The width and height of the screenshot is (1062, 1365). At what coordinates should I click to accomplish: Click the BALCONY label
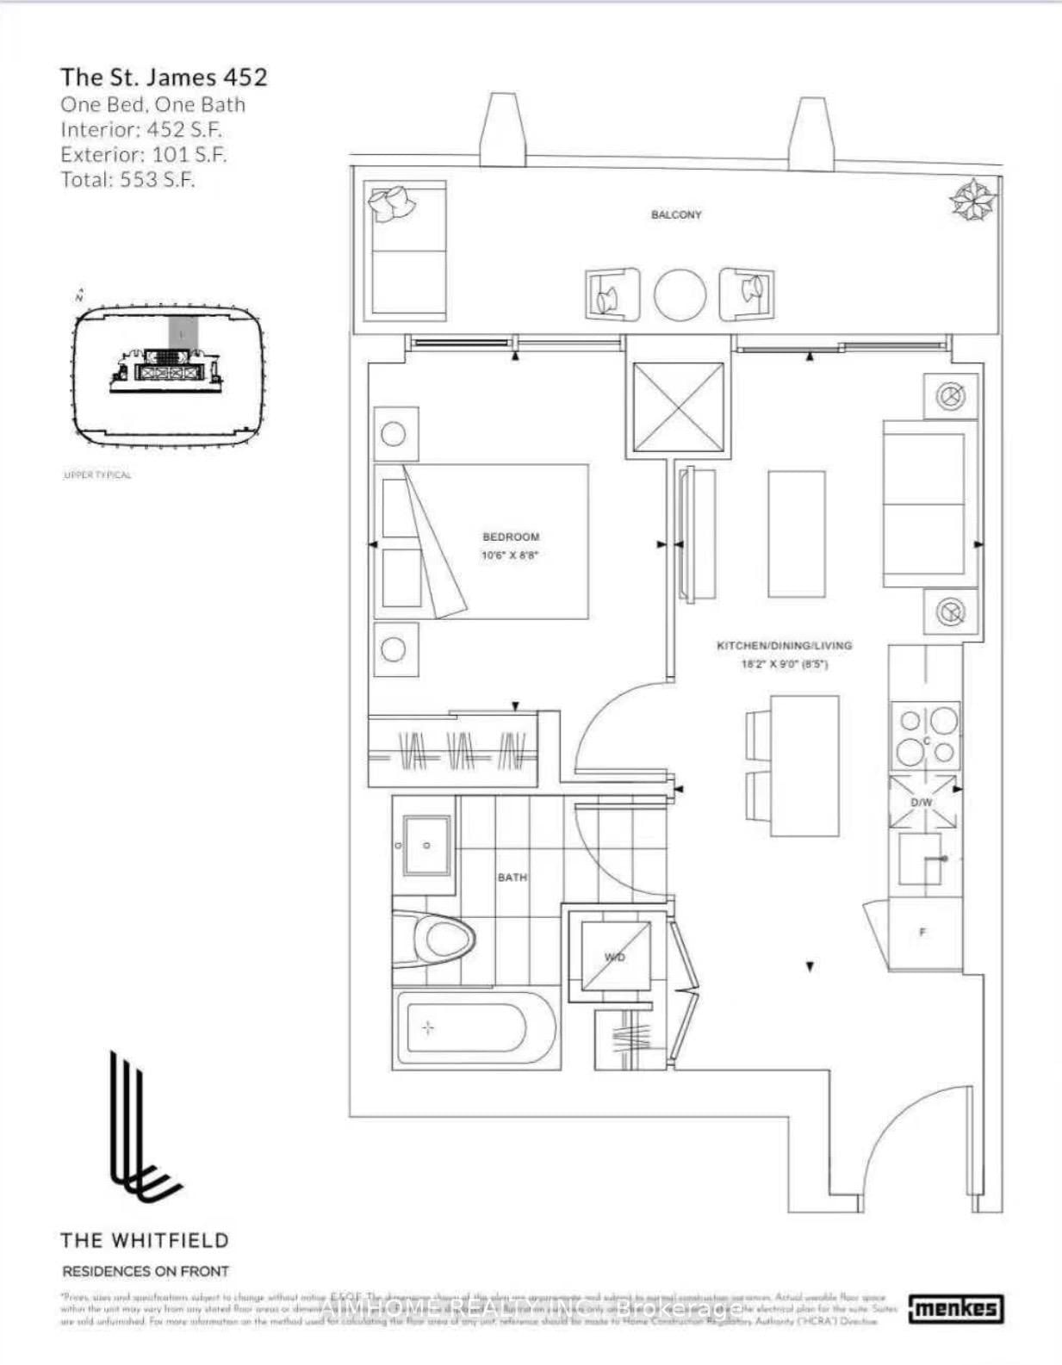tap(676, 214)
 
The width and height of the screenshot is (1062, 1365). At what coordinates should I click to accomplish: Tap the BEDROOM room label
tap(511, 537)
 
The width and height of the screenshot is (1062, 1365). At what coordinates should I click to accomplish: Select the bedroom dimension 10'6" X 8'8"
tap(510, 555)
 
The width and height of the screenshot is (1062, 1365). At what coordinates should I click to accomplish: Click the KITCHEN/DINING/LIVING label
tap(784, 645)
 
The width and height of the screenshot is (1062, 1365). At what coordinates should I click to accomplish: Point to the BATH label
tap(512, 877)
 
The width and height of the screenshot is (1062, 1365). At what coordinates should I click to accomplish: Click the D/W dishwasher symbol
tap(922, 803)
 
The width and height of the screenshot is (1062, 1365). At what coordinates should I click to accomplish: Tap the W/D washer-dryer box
tap(614, 958)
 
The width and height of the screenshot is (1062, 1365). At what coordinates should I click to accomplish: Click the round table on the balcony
tap(680, 295)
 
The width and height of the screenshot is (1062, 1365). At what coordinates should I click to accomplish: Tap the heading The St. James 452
tap(164, 77)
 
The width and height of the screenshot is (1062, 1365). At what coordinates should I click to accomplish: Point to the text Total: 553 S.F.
tap(127, 180)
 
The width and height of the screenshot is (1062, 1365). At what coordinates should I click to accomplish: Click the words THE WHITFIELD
tap(145, 1240)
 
